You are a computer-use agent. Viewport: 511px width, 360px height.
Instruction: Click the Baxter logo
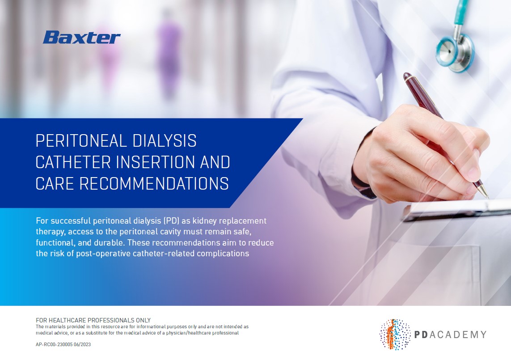click(81, 37)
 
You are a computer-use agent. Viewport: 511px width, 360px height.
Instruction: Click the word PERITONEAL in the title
click(80, 141)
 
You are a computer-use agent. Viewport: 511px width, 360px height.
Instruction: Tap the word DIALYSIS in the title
click(164, 141)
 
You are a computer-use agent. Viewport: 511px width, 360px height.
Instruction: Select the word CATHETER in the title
click(73, 162)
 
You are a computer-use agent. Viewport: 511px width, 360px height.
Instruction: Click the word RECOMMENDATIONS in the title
click(154, 183)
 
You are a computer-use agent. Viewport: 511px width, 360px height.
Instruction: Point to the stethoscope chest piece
click(455, 53)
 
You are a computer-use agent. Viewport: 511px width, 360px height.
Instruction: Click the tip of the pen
click(488, 198)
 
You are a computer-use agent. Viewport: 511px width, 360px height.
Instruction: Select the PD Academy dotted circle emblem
click(395, 334)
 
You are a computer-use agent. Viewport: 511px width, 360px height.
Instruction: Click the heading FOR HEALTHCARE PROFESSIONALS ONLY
click(93, 320)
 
